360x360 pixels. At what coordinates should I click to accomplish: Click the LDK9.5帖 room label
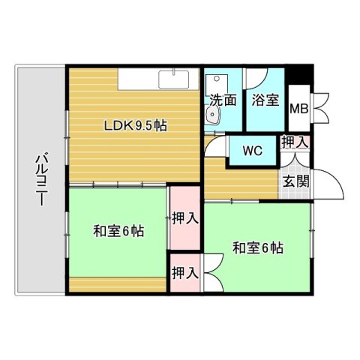tap(135, 125)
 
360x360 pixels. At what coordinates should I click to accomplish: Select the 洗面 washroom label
tap(223, 100)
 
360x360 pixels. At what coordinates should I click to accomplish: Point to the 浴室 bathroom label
tap(266, 100)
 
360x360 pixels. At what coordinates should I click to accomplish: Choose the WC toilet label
tap(253, 149)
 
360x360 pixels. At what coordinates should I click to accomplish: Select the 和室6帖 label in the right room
tap(257, 247)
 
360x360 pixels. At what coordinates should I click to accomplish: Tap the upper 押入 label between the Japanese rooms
tap(185, 219)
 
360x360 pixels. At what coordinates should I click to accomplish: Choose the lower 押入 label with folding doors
tap(185, 274)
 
